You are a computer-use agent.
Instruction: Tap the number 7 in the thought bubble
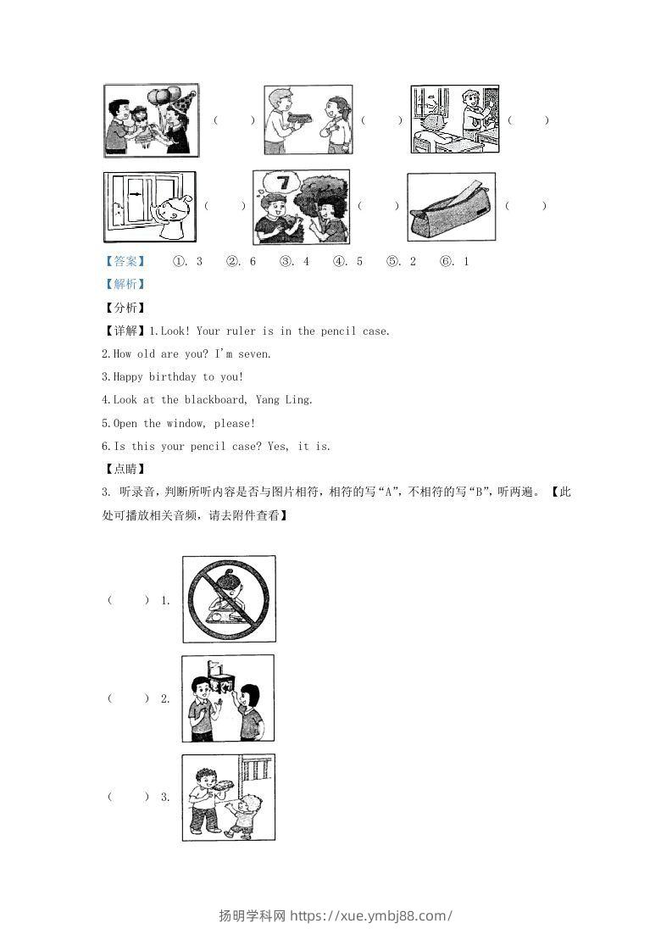click(284, 183)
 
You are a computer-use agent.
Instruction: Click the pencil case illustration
click(451, 207)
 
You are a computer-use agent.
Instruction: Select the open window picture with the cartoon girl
click(149, 207)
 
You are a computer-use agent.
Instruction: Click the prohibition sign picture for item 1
click(229, 598)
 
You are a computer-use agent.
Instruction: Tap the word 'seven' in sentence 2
click(254, 354)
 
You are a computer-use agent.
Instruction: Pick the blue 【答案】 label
click(124, 262)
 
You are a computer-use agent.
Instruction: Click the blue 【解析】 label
click(124, 285)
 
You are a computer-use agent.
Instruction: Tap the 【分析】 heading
click(124, 308)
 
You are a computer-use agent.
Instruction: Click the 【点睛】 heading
click(124, 469)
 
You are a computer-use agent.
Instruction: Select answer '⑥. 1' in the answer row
click(454, 262)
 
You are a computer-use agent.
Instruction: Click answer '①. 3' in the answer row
click(187, 262)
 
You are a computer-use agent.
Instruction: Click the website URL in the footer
click(371, 915)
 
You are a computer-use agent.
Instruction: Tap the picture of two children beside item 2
click(228, 698)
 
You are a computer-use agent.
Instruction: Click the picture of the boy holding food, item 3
click(228, 798)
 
